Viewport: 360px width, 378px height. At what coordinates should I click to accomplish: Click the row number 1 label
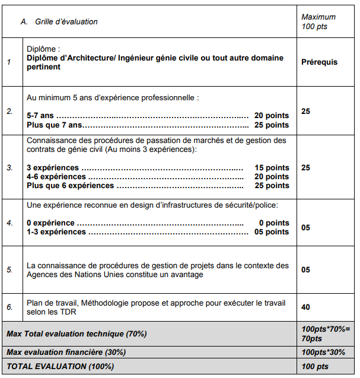tap(9, 62)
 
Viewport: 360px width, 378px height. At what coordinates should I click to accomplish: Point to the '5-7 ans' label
tap(40, 115)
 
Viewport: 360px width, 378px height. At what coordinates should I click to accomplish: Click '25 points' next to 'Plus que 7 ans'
tap(272, 125)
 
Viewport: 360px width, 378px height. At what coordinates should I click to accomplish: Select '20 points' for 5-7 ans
tap(272, 115)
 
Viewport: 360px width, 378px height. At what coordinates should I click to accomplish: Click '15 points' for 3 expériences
tap(272, 167)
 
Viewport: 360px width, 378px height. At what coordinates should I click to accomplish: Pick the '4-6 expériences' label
tap(56, 176)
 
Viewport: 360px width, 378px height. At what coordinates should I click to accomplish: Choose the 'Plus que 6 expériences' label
tap(70, 185)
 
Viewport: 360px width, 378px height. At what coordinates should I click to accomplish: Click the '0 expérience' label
tap(50, 223)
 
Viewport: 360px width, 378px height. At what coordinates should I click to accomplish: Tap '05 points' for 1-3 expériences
tap(272, 232)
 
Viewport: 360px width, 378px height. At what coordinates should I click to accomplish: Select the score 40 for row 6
tap(306, 307)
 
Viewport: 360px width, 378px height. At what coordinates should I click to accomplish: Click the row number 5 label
tap(9, 269)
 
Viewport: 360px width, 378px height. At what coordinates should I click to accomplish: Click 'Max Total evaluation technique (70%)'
tap(77, 333)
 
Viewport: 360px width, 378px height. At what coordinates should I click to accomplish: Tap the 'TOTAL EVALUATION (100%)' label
tap(60, 366)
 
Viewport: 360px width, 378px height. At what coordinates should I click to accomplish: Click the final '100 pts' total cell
tap(315, 366)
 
